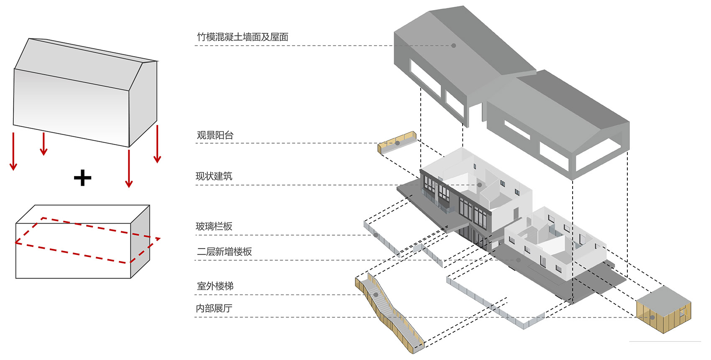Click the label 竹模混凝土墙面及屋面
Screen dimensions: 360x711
pyautogui.click(x=243, y=37)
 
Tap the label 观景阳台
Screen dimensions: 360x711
pyautogui.click(x=215, y=135)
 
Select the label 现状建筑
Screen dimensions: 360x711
pyautogui.click(x=214, y=176)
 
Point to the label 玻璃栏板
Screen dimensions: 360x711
pyautogui.click(x=214, y=226)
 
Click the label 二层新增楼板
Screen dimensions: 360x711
pyautogui.click(x=224, y=251)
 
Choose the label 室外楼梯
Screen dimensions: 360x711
pyautogui.click(x=215, y=286)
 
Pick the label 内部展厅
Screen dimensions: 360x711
pyautogui.click(x=214, y=308)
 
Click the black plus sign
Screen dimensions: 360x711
pyautogui.click(x=82, y=178)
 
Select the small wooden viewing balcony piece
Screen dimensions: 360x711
pyautogui.click(x=397, y=142)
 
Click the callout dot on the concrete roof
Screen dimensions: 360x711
pyautogui.click(x=454, y=45)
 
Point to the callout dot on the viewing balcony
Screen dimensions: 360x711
pyautogui.click(x=397, y=143)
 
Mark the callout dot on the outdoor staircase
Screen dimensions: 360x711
pyautogui.click(x=376, y=295)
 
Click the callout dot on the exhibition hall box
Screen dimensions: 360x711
pyautogui.click(x=652, y=317)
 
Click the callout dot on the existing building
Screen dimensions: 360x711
pyautogui.click(x=480, y=185)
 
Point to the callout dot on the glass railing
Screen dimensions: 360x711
pyautogui.click(x=376, y=235)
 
